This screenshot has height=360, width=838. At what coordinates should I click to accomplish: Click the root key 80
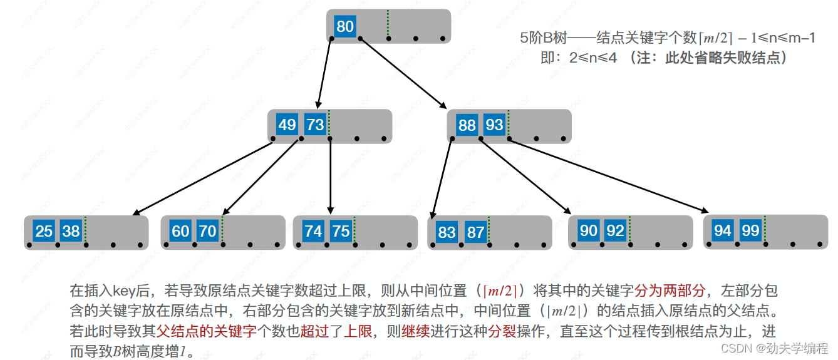pyautogui.click(x=345, y=26)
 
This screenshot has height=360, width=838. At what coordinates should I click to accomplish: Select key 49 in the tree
pyautogui.click(x=287, y=125)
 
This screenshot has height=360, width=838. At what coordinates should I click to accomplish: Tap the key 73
pyautogui.click(x=314, y=125)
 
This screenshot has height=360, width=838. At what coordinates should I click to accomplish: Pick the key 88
pyautogui.click(x=467, y=125)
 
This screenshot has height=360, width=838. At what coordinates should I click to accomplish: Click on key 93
pyautogui.click(x=494, y=125)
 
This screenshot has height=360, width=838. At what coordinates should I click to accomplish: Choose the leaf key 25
pyautogui.click(x=44, y=231)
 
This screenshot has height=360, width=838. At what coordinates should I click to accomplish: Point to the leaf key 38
pyautogui.click(x=71, y=231)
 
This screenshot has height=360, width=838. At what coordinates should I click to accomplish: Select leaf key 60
pyautogui.click(x=180, y=231)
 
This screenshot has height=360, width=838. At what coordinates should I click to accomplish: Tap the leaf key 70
pyautogui.click(x=207, y=231)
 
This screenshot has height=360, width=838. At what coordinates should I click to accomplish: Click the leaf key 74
pyautogui.click(x=313, y=231)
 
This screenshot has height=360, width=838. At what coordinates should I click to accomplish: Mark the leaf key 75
pyautogui.click(x=341, y=231)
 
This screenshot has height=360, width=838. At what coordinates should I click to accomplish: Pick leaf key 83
pyautogui.click(x=447, y=232)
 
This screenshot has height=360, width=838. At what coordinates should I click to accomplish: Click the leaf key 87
pyautogui.click(x=475, y=232)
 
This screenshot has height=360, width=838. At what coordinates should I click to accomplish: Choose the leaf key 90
pyautogui.click(x=588, y=230)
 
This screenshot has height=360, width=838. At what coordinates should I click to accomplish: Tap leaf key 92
pyautogui.click(x=615, y=230)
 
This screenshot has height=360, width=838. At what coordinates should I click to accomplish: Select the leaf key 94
pyautogui.click(x=723, y=230)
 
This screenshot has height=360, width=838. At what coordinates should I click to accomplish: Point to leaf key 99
pyautogui.click(x=750, y=230)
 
